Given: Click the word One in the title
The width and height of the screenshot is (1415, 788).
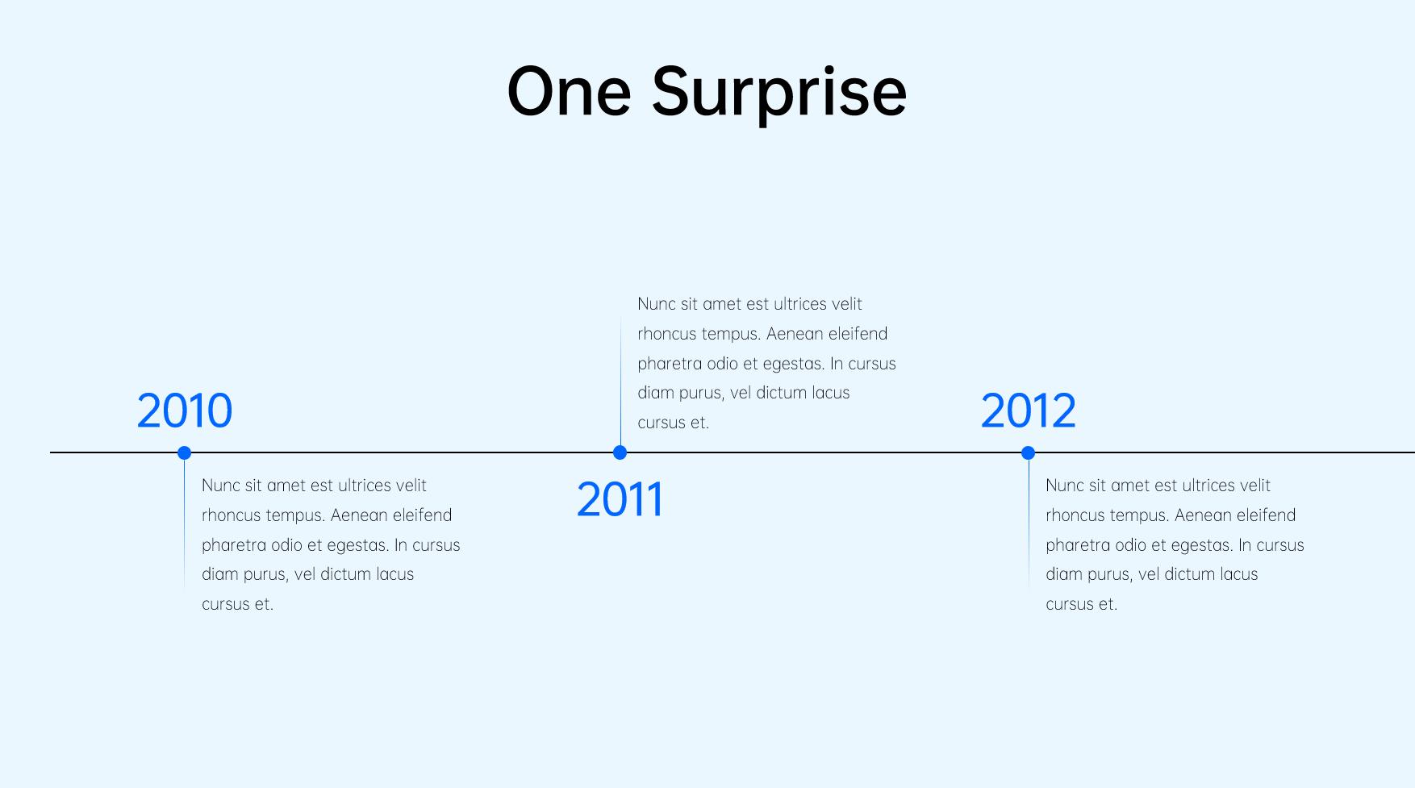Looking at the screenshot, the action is click(x=569, y=91).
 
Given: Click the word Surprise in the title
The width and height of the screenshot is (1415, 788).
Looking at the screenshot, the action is click(x=778, y=95).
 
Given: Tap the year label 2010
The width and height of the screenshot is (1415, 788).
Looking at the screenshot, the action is click(x=185, y=411).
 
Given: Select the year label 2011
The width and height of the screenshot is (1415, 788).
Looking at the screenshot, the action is click(x=620, y=499).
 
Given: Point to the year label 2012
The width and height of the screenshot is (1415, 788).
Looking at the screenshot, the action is click(x=1028, y=411).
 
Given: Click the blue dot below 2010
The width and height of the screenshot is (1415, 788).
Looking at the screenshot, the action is click(x=184, y=452).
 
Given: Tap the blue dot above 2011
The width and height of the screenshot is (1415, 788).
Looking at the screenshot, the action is click(x=620, y=452).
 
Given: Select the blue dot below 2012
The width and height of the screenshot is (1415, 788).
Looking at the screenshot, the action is click(x=1028, y=452).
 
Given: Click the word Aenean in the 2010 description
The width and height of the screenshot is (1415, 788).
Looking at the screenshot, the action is click(x=359, y=515).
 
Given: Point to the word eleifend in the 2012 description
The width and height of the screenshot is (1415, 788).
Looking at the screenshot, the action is click(x=1267, y=515).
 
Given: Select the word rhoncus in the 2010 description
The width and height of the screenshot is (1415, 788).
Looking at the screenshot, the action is click(x=232, y=515).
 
